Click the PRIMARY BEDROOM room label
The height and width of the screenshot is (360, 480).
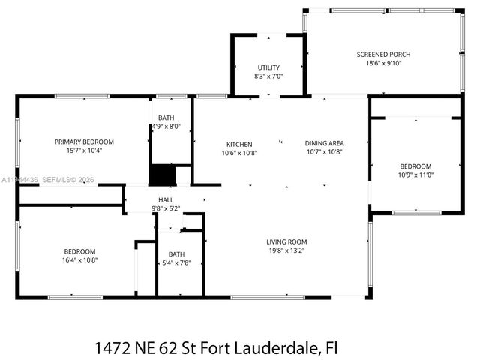click(84, 142)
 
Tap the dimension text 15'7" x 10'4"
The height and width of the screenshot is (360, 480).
click(84, 151)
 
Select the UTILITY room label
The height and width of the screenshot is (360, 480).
click(268, 67)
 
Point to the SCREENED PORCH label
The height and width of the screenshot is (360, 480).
click(383, 55)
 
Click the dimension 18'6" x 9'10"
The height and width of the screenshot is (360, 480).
click(383, 64)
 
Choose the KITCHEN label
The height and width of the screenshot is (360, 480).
click(239, 144)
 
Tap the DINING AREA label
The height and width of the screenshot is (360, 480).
click(324, 144)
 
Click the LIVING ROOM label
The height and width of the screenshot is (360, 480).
click(286, 241)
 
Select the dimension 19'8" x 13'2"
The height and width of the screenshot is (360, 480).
click(286, 250)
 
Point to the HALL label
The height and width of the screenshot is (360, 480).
click(166, 199)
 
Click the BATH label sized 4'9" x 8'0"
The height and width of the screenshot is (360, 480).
click(166, 118)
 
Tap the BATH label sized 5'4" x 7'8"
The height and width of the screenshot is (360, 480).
click(176, 254)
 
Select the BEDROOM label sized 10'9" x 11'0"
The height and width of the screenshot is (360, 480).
click(415, 166)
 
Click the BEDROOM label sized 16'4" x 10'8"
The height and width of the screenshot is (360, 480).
click(79, 250)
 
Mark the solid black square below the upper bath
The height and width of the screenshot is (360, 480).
click(161, 175)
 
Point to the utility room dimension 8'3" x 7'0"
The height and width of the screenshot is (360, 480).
click(268, 76)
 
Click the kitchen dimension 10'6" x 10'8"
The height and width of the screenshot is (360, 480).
click(239, 153)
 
